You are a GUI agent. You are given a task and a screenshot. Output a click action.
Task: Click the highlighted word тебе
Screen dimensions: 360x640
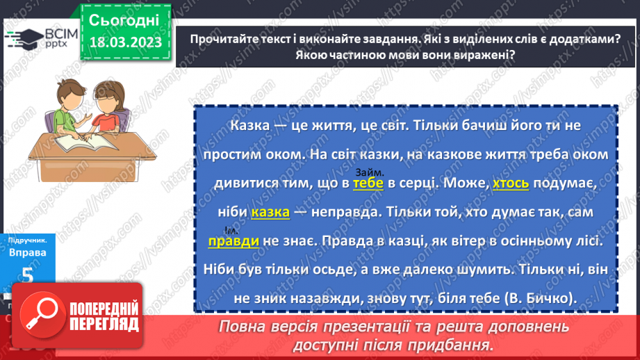click(x=368, y=183)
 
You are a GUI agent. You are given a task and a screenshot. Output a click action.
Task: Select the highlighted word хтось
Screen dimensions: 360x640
click(x=511, y=183)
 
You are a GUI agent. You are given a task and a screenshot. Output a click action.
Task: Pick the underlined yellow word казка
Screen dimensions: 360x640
click(x=270, y=212)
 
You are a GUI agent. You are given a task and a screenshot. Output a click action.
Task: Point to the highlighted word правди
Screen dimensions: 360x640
click(x=233, y=240)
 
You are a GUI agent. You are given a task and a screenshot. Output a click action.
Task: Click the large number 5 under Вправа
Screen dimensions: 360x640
click(x=27, y=275)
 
